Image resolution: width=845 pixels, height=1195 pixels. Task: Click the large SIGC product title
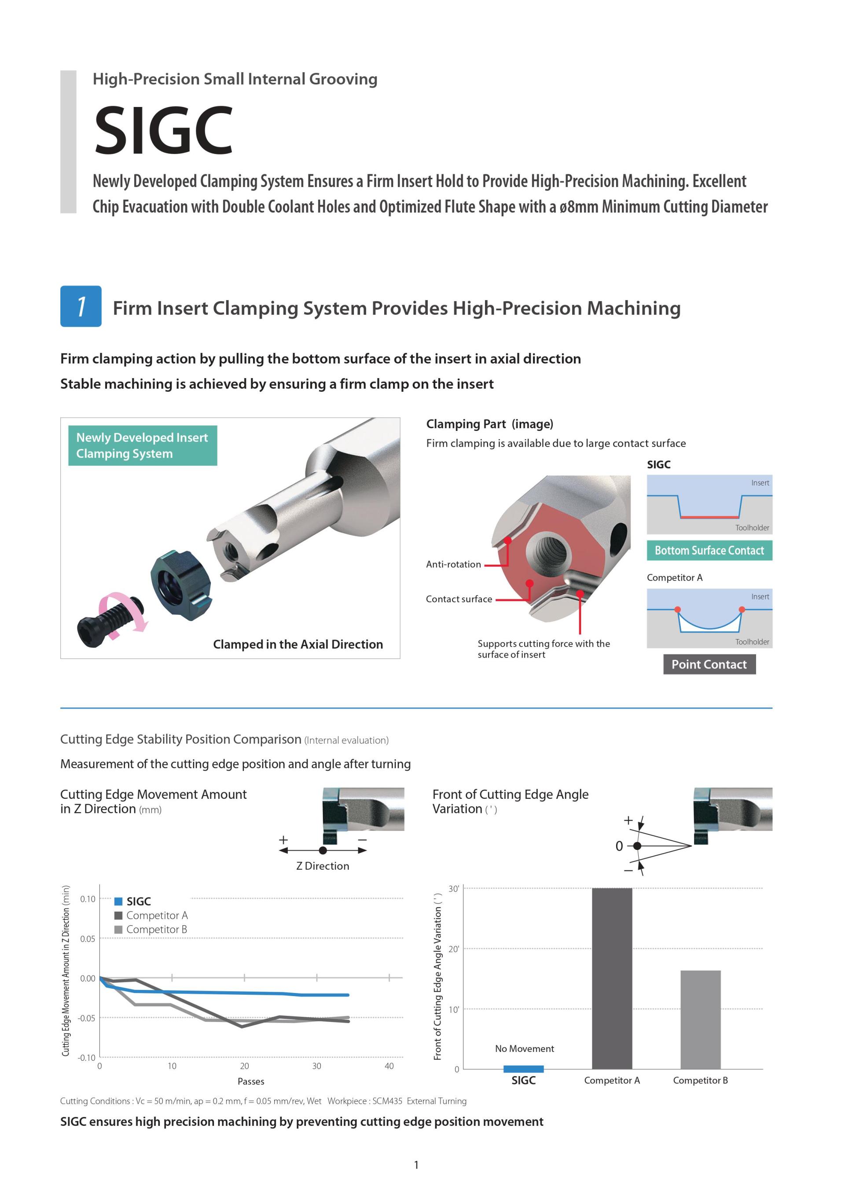click(163, 130)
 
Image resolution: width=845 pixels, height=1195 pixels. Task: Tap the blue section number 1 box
click(81, 306)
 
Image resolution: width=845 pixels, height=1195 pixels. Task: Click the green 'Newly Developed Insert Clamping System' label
click(142, 445)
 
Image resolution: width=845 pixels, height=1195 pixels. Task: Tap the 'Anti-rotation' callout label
click(453, 564)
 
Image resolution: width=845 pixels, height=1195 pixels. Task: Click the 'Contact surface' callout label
click(459, 599)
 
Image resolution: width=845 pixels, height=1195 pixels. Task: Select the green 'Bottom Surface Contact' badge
click(709, 551)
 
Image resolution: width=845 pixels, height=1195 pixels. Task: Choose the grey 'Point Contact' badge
click(709, 664)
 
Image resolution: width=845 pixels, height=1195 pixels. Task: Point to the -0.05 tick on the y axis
click(87, 1018)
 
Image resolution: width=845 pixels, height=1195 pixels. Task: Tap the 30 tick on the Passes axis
click(316, 1066)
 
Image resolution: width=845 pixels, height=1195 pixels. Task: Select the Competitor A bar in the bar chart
click(612, 978)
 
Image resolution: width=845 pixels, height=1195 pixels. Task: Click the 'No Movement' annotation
click(524, 1049)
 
